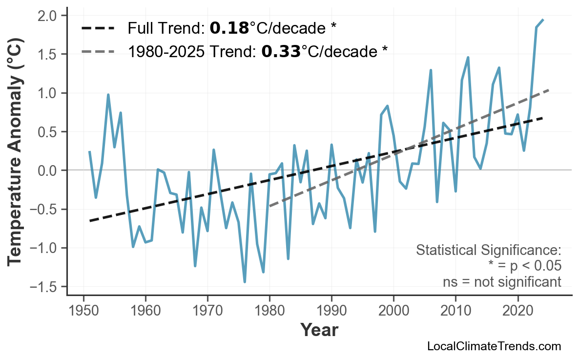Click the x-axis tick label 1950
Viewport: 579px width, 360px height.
pos(83,311)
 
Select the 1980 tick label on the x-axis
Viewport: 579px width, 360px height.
pos(269,311)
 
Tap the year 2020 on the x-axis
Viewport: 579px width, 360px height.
pos(517,311)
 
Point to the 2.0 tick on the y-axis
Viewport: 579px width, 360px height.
pos(49,16)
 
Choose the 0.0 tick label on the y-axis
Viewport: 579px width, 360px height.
pos(49,170)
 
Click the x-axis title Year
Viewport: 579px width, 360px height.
pos(319,330)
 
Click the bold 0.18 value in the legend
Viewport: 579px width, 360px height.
pos(229,28)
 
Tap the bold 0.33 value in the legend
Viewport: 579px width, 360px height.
pos(281,51)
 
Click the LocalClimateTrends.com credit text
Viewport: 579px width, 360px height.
pos(494,347)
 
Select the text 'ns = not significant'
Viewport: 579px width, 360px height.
pos(502,282)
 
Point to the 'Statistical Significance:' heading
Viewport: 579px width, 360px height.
pos(489,251)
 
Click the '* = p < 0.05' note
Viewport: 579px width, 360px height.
pos(524,266)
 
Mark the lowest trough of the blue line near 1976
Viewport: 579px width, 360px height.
pos(245,282)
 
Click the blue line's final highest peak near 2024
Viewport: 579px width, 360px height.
pos(543,20)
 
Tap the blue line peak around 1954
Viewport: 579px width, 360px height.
pos(108,95)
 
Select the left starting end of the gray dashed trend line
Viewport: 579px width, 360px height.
pos(270,206)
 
